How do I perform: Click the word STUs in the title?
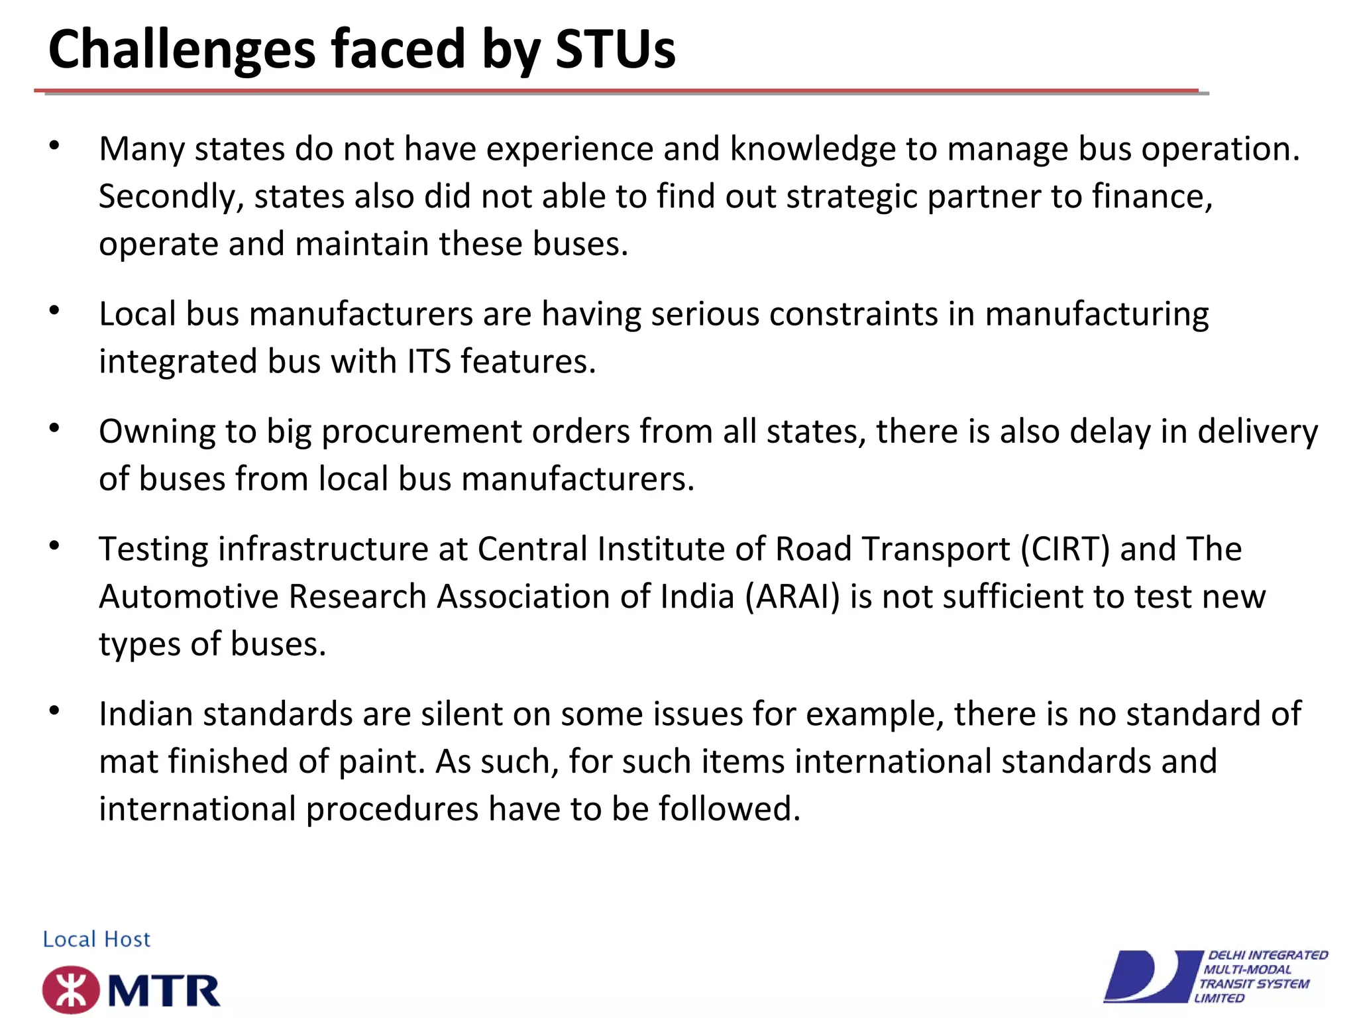(x=615, y=49)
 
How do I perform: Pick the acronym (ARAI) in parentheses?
(x=792, y=597)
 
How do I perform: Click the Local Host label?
(x=97, y=939)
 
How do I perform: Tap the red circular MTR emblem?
(x=71, y=990)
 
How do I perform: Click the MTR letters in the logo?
(x=164, y=991)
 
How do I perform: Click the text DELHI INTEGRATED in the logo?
(x=1268, y=955)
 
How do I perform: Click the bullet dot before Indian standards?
(x=54, y=711)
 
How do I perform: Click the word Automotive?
(x=188, y=597)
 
